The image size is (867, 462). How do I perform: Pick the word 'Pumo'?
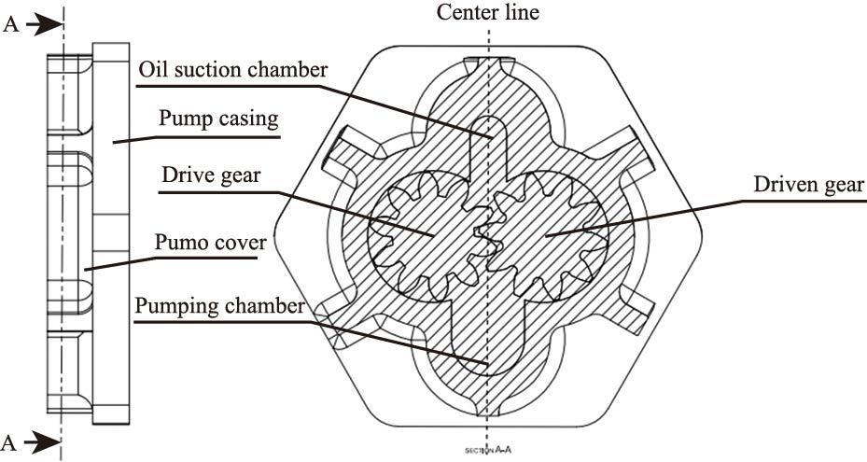[182, 245]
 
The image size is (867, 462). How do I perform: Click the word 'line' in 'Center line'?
[523, 12]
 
